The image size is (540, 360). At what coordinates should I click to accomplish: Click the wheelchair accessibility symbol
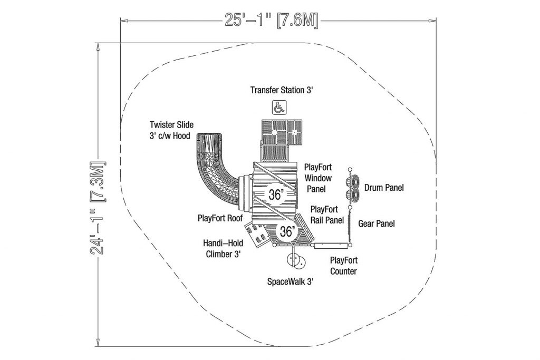[x=279, y=108]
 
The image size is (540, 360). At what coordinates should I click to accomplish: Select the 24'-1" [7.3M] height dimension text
[x=98, y=208]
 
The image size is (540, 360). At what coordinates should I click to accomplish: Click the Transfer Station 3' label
[x=282, y=90]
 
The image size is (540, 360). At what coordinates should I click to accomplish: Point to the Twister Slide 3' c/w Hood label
[x=171, y=130]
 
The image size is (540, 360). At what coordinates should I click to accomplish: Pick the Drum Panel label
[x=384, y=188]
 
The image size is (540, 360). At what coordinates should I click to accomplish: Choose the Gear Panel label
[x=377, y=223]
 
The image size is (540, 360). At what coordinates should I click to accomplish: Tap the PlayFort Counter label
[x=343, y=266]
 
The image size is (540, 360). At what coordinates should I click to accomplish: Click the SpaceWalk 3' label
[x=291, y=282]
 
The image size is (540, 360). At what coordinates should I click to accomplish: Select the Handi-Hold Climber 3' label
[x=223, y=248]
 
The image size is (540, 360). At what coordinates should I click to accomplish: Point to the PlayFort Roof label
[x=220, y=218]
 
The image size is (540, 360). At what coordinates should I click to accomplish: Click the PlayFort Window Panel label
[x=318, y=178]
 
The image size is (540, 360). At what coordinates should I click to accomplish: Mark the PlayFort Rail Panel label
[x=327, y=215]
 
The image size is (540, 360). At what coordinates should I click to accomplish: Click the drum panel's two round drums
[x=353, y=188]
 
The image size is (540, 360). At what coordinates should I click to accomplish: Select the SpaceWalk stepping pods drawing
[x=296, y=262]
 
